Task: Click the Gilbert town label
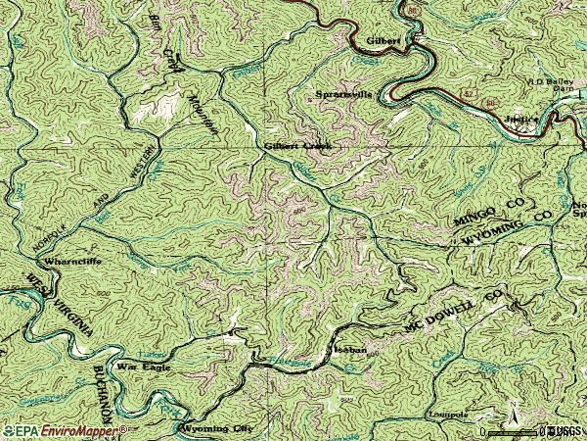tap(384, 41)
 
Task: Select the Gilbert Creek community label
tap(298, 146)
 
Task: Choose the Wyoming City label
tap(215, 429)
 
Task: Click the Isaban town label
tap(344, 348)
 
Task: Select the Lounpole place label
tap(449, 415)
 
